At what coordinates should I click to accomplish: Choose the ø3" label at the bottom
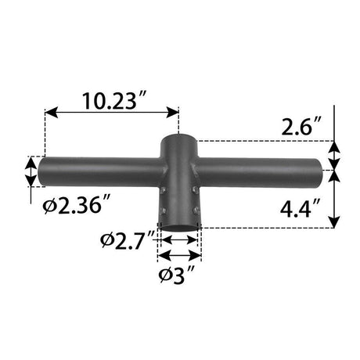tap(179, 275)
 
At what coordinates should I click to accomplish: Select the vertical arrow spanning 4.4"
tap(334, 199)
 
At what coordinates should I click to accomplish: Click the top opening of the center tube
tap(179, 139)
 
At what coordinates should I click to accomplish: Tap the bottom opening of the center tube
tap(179, 226)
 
